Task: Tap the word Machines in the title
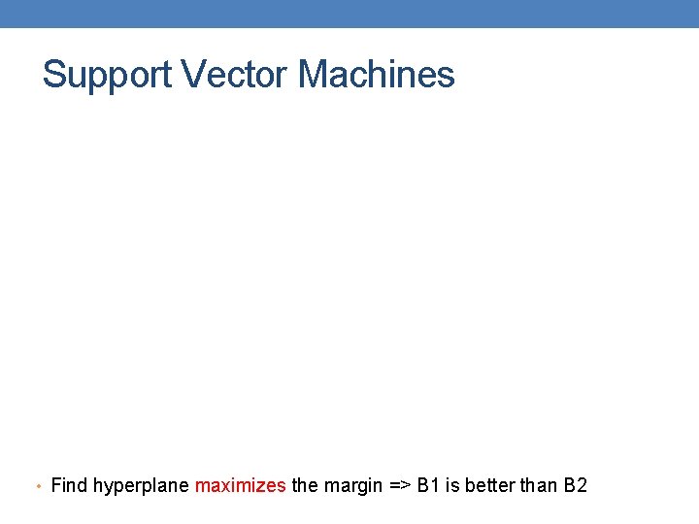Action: (376, 74)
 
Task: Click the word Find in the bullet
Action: (69, 485)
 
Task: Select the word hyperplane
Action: (142, 486)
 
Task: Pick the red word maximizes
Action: (241, 485)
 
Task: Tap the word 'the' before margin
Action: (305, 485)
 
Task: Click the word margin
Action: (351, 486)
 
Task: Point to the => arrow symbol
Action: (399, 485)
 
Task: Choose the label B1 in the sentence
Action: (428, 485)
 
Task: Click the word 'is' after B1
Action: (452, 485)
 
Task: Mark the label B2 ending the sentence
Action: (576, 485)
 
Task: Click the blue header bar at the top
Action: (349, 14)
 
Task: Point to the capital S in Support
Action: (54, 74)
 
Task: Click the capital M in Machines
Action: (315, 74)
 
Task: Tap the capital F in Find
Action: (55, 485)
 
